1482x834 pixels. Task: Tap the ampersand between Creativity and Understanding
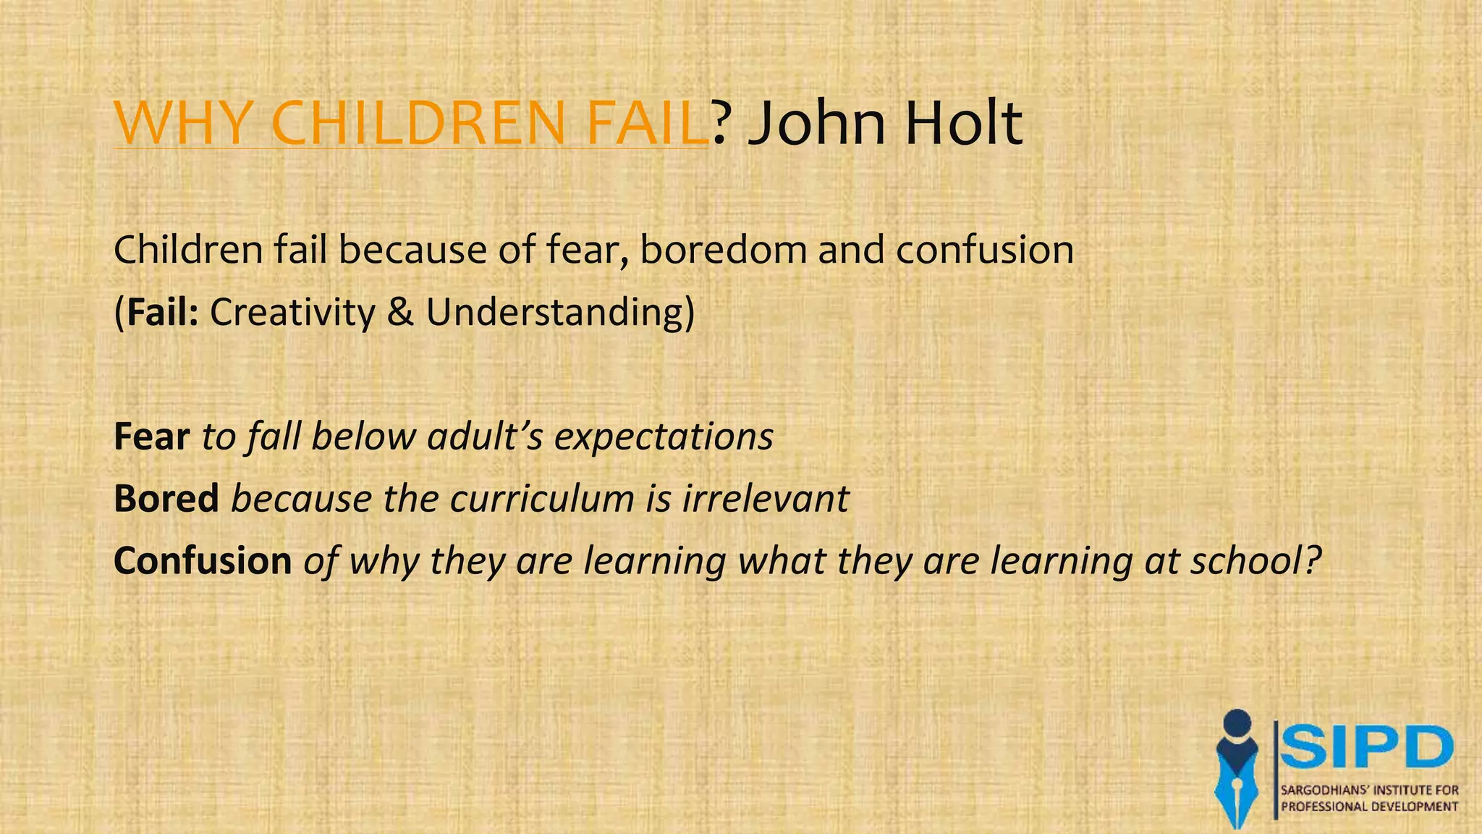pos(400,312)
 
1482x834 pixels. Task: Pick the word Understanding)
pos(560,313)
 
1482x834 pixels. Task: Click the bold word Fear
pos(151,437)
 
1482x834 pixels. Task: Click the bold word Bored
pos(166,499)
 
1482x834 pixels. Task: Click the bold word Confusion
pos(202,561)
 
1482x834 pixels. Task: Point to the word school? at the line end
pos(1256,561)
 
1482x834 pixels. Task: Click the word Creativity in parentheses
pos(292,313)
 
